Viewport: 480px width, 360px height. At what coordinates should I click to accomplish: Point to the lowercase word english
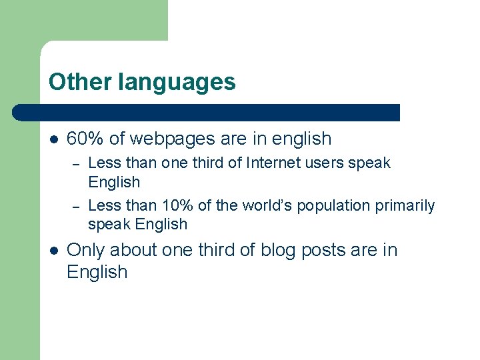tap(301, 139)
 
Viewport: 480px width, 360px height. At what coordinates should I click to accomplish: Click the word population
tap(333, 206)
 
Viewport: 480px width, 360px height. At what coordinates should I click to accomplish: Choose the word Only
tap(86, 250)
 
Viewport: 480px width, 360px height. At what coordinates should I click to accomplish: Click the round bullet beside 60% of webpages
tap(53, 139)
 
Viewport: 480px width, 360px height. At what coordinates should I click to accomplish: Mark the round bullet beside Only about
tap(53, 251)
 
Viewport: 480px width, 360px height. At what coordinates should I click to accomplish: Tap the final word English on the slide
tap(97, 272)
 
